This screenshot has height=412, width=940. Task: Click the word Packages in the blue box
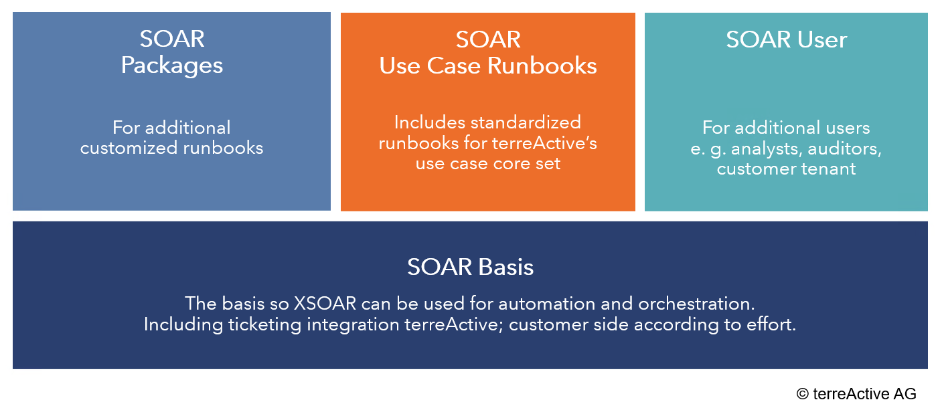(171, 66)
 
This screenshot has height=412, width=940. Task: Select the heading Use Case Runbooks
(487, 66)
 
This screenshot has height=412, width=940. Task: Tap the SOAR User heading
(786, 40)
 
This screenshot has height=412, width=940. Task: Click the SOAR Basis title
(470, 267)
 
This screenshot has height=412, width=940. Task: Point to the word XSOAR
(325, 304)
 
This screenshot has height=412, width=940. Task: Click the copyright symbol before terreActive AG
(802, 394)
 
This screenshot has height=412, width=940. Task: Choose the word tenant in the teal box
(828, 169)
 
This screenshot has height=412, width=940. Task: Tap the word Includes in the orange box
(430, 123)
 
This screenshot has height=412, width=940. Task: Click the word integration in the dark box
(353, 325)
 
